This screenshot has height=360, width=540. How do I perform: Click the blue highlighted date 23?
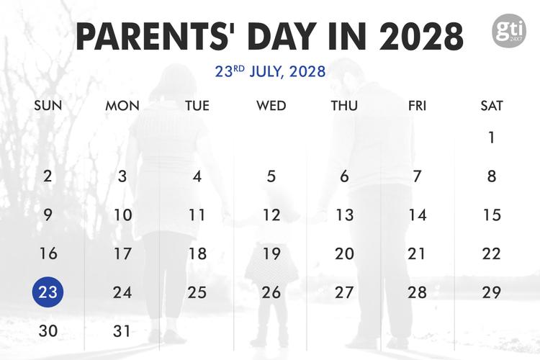[x=48, y=292]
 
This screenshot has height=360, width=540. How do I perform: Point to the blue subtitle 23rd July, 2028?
[x=270, y=71]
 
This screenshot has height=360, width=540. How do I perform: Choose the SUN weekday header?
[x=48, y=106]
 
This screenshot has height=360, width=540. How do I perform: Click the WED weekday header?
[x=271, y=106]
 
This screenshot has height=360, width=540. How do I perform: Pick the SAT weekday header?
[x=492, y=106]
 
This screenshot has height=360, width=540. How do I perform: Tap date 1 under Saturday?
[x=492, y=138]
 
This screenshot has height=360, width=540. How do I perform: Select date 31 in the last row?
[x=122, y=331]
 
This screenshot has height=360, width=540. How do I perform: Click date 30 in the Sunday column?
[x=48, y=331]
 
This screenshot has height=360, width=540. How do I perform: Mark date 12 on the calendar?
[x=271, y=215]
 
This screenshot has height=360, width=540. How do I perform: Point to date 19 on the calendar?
[x=271, y=253]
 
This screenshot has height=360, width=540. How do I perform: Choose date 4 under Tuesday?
[x=197, y=176]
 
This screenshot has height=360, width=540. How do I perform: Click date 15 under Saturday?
[x=492, y=215]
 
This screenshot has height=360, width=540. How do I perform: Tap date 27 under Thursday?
[x=345, y=292]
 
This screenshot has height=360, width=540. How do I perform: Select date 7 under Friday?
[x=418, y=176]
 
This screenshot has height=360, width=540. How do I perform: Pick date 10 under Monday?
[x=122, y=215]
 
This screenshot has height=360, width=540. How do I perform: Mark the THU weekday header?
[x=344, y=106]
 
